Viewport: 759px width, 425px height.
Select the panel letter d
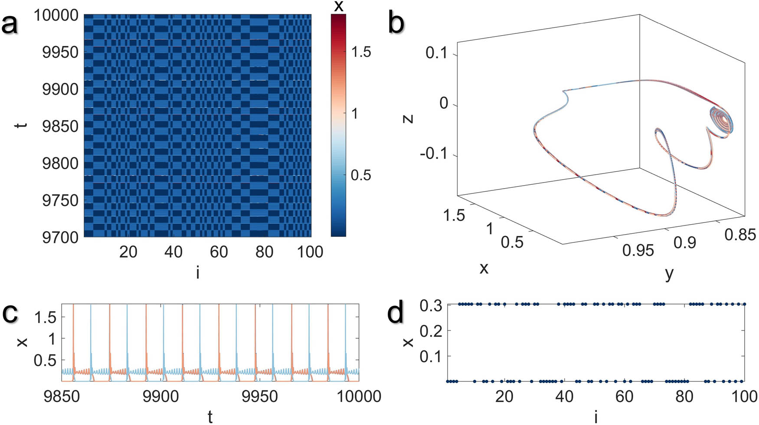click(x=396, y=313)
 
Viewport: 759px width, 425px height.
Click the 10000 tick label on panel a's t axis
click(x=56, y=15)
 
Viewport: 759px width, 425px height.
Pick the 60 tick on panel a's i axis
click(x=219, y=252)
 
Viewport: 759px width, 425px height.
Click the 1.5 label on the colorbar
click(x=361, y=52)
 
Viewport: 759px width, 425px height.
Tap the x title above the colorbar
click(x=339, y=6)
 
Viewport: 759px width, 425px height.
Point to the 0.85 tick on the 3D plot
click(x=740, y=235)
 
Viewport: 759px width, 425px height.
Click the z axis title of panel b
click(x=408, y=118)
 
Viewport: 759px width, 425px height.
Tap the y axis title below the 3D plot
click(x=669, y=273)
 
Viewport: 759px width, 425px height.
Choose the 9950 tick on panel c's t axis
click(x=259, y=396)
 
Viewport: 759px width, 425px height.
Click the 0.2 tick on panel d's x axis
click(x=431, y=331)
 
